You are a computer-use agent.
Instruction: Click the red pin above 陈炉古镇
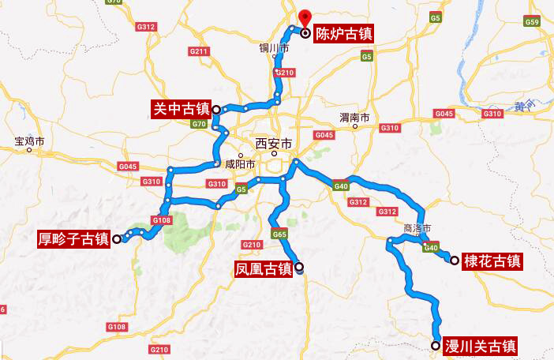coord(305,16)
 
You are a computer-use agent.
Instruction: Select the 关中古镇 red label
coord(180,108)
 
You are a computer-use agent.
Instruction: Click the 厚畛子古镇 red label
coord(73,238)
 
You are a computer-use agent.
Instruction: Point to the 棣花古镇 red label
coord(492,261)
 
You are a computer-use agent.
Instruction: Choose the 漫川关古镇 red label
coord(481,345)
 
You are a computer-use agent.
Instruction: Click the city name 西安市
coord(274,144)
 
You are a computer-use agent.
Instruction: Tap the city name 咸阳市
coord(240,165)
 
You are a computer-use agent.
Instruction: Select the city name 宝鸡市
coord(29,142)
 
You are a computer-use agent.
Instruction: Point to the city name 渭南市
coord(354,118)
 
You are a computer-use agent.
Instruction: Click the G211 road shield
coord(199,52)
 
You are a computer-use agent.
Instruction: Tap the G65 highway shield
coord(279,234)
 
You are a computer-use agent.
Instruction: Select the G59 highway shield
coord(531,22)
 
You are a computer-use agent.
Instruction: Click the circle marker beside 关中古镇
coord(215,109)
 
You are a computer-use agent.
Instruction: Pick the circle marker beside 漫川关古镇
coord(436,345)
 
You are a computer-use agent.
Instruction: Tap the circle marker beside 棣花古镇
coord(455,260)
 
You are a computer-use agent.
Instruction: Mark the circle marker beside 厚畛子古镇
coord(116,238)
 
